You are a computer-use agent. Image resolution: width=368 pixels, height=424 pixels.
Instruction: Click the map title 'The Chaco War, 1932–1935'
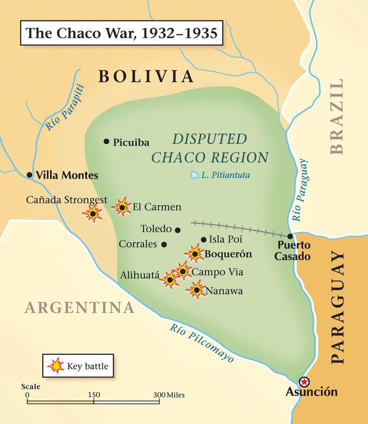coord(122,33)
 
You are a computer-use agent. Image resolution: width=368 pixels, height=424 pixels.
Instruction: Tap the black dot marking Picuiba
coord(106,141)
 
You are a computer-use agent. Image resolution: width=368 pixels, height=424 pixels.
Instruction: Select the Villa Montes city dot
coord(30,175)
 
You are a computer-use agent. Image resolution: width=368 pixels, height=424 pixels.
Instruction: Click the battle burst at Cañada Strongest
coord(93,213)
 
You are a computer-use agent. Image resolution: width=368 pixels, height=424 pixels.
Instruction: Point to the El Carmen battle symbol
coord(122,206)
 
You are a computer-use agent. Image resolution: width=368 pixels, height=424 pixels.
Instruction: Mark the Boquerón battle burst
coord(194,253)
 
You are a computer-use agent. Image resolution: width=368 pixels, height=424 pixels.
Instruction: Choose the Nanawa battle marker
coord(197,290)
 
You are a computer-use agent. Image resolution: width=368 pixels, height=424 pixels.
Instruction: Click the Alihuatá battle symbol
coord(170,279)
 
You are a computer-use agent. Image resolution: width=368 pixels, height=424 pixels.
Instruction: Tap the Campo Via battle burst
coord(183,271)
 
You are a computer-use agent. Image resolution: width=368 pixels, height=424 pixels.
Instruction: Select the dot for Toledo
coord(177,229)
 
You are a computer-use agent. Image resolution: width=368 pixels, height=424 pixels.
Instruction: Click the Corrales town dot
coord(164,244)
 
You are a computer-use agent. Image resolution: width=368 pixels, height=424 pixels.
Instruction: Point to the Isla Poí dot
coord(203,239)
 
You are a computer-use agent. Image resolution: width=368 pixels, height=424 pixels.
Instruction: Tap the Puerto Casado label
coord(294,251)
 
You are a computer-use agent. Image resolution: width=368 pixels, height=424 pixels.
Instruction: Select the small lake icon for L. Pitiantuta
coord(194,175)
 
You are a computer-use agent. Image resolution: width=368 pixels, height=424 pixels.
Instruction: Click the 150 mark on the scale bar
coord(94,395)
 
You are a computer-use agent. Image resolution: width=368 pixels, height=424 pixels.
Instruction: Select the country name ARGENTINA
coord(80,307)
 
